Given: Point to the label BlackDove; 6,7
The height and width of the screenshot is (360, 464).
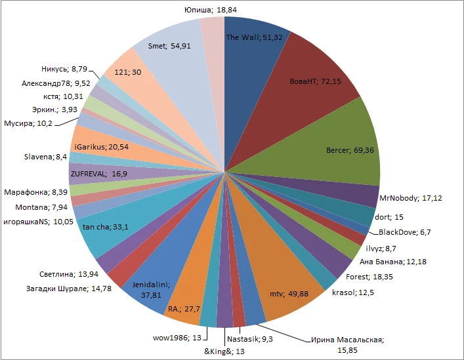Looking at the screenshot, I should tap(405, 232).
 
